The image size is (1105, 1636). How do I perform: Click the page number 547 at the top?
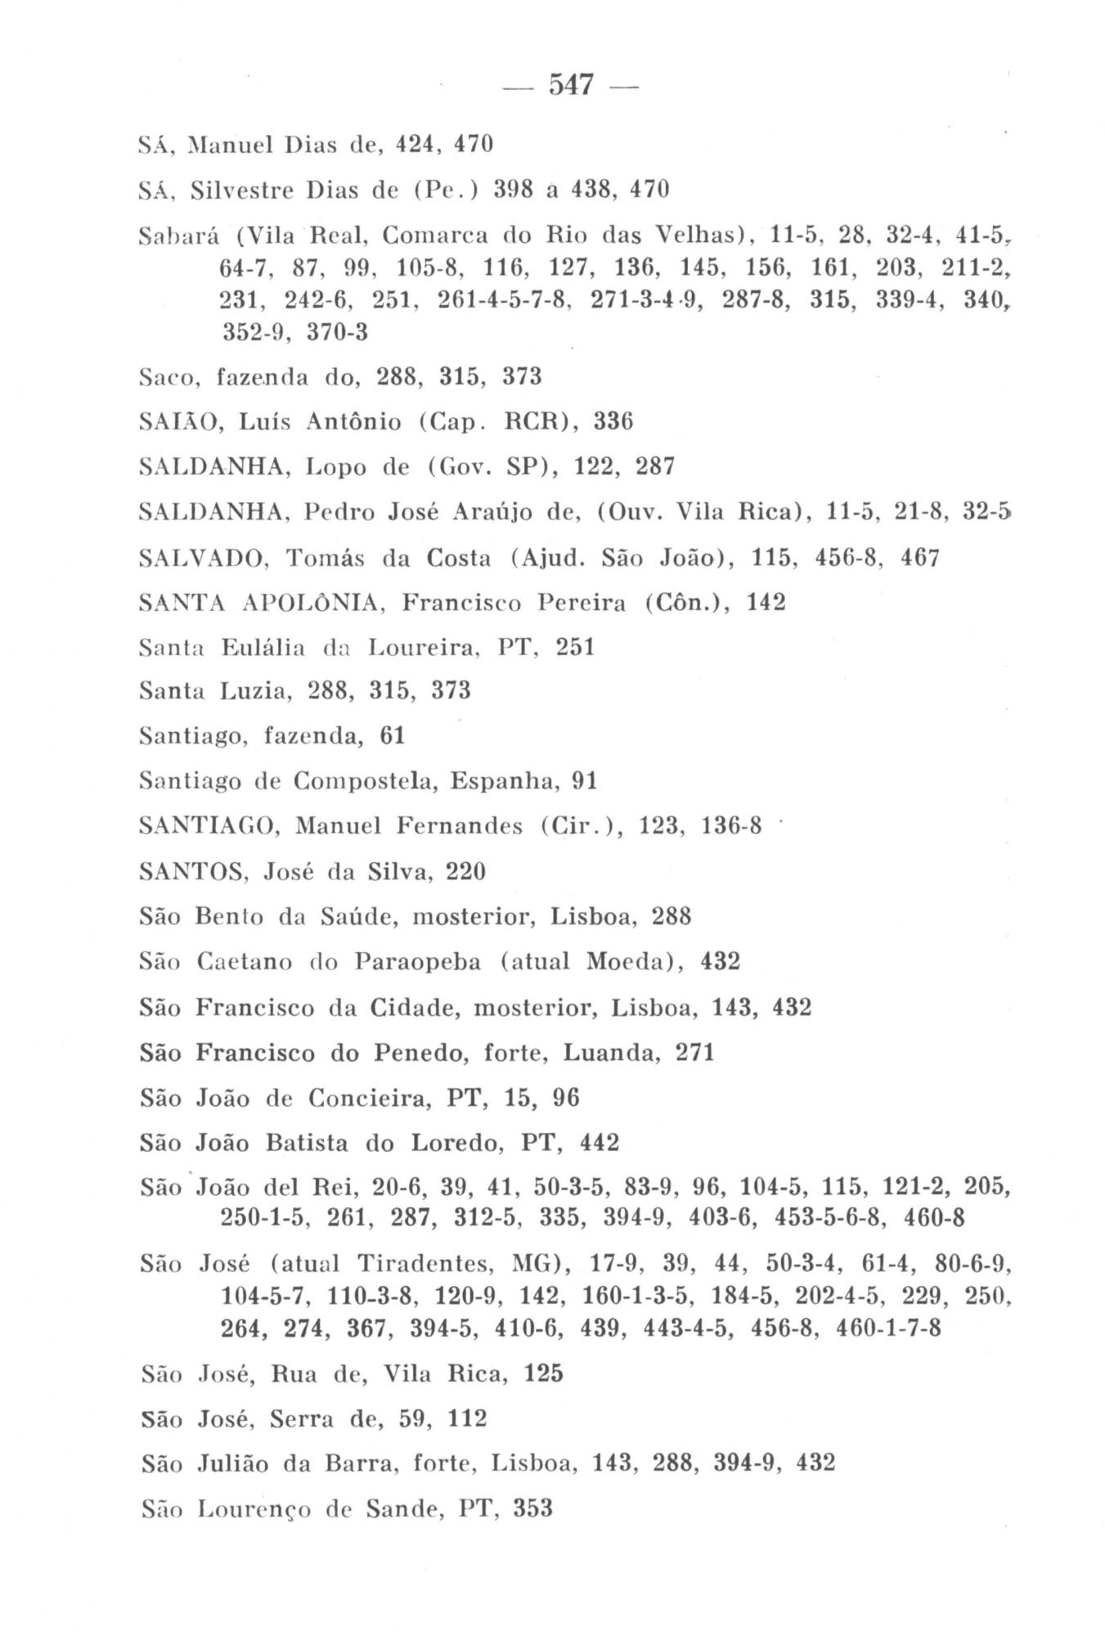point(571,84)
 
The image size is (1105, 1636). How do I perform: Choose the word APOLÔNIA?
point(310,603)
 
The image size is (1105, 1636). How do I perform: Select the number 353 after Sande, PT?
point(532,1508)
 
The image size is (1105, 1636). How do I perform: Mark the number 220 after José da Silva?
point(465,872)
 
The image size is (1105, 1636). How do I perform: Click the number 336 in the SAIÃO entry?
point(613,422)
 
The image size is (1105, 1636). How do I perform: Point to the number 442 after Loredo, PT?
point(599,1142)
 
